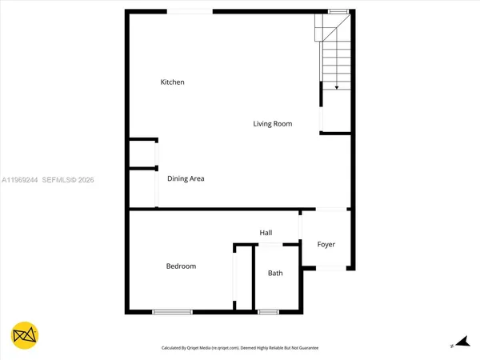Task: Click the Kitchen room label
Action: point(173,82)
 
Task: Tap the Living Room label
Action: point(272,124)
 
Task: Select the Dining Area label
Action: point(186,178)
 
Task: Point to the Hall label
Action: point(266,233)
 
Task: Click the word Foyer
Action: point(326,245)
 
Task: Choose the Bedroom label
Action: point(181,266)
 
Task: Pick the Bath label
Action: point(275,274)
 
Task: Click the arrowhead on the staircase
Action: point(337,86)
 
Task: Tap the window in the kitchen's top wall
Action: point(190,10)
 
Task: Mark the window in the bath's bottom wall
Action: point(267,311)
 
